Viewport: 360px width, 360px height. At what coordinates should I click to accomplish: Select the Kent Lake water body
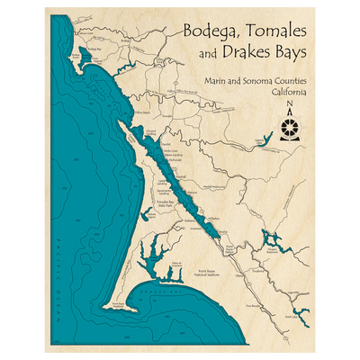coord(298,315)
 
